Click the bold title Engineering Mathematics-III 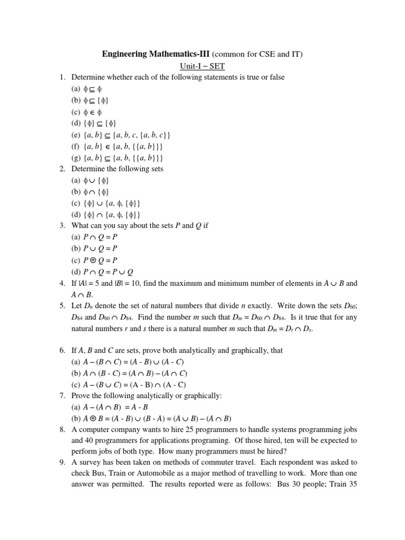coord(156,54)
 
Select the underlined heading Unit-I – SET coord(202,66)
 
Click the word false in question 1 coord(275,78)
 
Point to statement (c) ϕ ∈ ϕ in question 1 coord(86,112)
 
